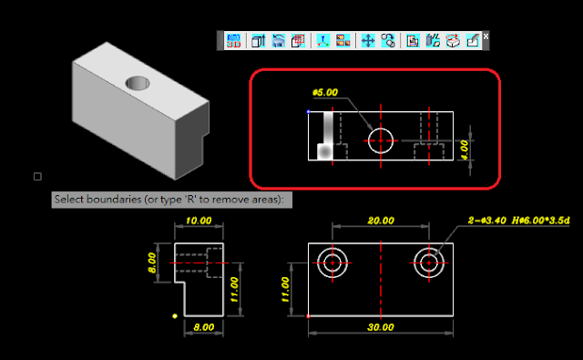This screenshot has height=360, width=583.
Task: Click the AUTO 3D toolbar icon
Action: tap(233, 40)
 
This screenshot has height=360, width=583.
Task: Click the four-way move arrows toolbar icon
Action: tap(368, 40)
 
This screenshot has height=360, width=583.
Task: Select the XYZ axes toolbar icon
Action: tap(323, 40)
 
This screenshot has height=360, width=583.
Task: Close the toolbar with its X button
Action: tap(486, 36)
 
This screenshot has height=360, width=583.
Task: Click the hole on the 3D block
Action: tap(138, 83)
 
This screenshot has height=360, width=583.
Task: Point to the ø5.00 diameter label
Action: tap(325, 92)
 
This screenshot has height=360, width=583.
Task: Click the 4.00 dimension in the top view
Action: tap(465, 149)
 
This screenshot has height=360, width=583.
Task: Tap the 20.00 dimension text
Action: tap(381, 221)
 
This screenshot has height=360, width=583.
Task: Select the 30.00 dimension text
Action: tap(381, 327)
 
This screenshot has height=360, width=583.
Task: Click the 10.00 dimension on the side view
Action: tap(199, 221)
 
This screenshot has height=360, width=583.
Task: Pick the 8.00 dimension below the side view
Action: tap(204, 327)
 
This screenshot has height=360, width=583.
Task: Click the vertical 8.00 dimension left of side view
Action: tap(152, 262)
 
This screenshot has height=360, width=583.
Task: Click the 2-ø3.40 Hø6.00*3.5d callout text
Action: tap(518, 221)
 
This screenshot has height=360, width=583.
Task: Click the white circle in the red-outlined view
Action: tap(381, 129)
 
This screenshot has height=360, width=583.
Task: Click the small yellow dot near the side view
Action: tap(175, 316)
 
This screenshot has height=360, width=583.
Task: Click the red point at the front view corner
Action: tap(308, 316)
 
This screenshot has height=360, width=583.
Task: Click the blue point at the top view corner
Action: tap(308, 111)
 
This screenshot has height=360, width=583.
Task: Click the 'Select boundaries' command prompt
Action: tap(172, 200)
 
